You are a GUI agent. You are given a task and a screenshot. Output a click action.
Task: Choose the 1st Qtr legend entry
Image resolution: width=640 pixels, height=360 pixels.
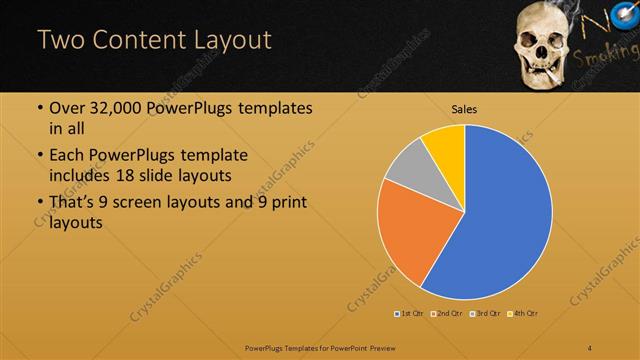tap(409, 314)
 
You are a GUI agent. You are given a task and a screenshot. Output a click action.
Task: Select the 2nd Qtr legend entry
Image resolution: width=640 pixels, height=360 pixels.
tap(446, 314)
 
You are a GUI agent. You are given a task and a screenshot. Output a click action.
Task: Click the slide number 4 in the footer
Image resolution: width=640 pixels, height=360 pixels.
tap(590, 346)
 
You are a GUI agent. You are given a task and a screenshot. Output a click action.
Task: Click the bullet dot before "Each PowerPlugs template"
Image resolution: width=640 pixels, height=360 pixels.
tap(39, 156)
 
